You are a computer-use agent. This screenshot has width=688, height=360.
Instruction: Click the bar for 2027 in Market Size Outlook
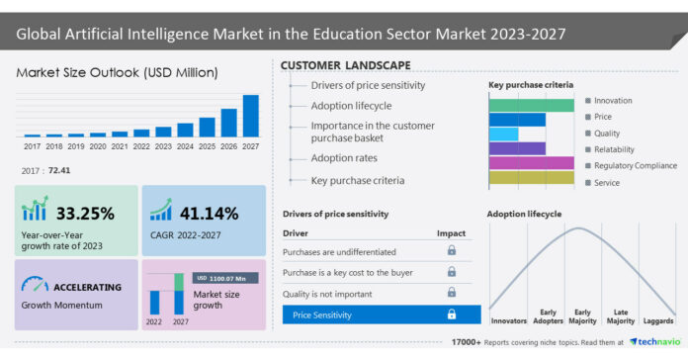250,116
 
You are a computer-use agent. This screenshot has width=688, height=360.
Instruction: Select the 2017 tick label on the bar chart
33,146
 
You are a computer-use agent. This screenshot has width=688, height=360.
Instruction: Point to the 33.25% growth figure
85,213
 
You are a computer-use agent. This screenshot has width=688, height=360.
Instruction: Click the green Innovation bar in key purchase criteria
531,104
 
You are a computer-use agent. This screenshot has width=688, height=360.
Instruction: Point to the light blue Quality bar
503,134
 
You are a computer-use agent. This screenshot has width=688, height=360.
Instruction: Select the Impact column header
451,232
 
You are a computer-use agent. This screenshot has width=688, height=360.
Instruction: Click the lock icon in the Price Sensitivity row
452,315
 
